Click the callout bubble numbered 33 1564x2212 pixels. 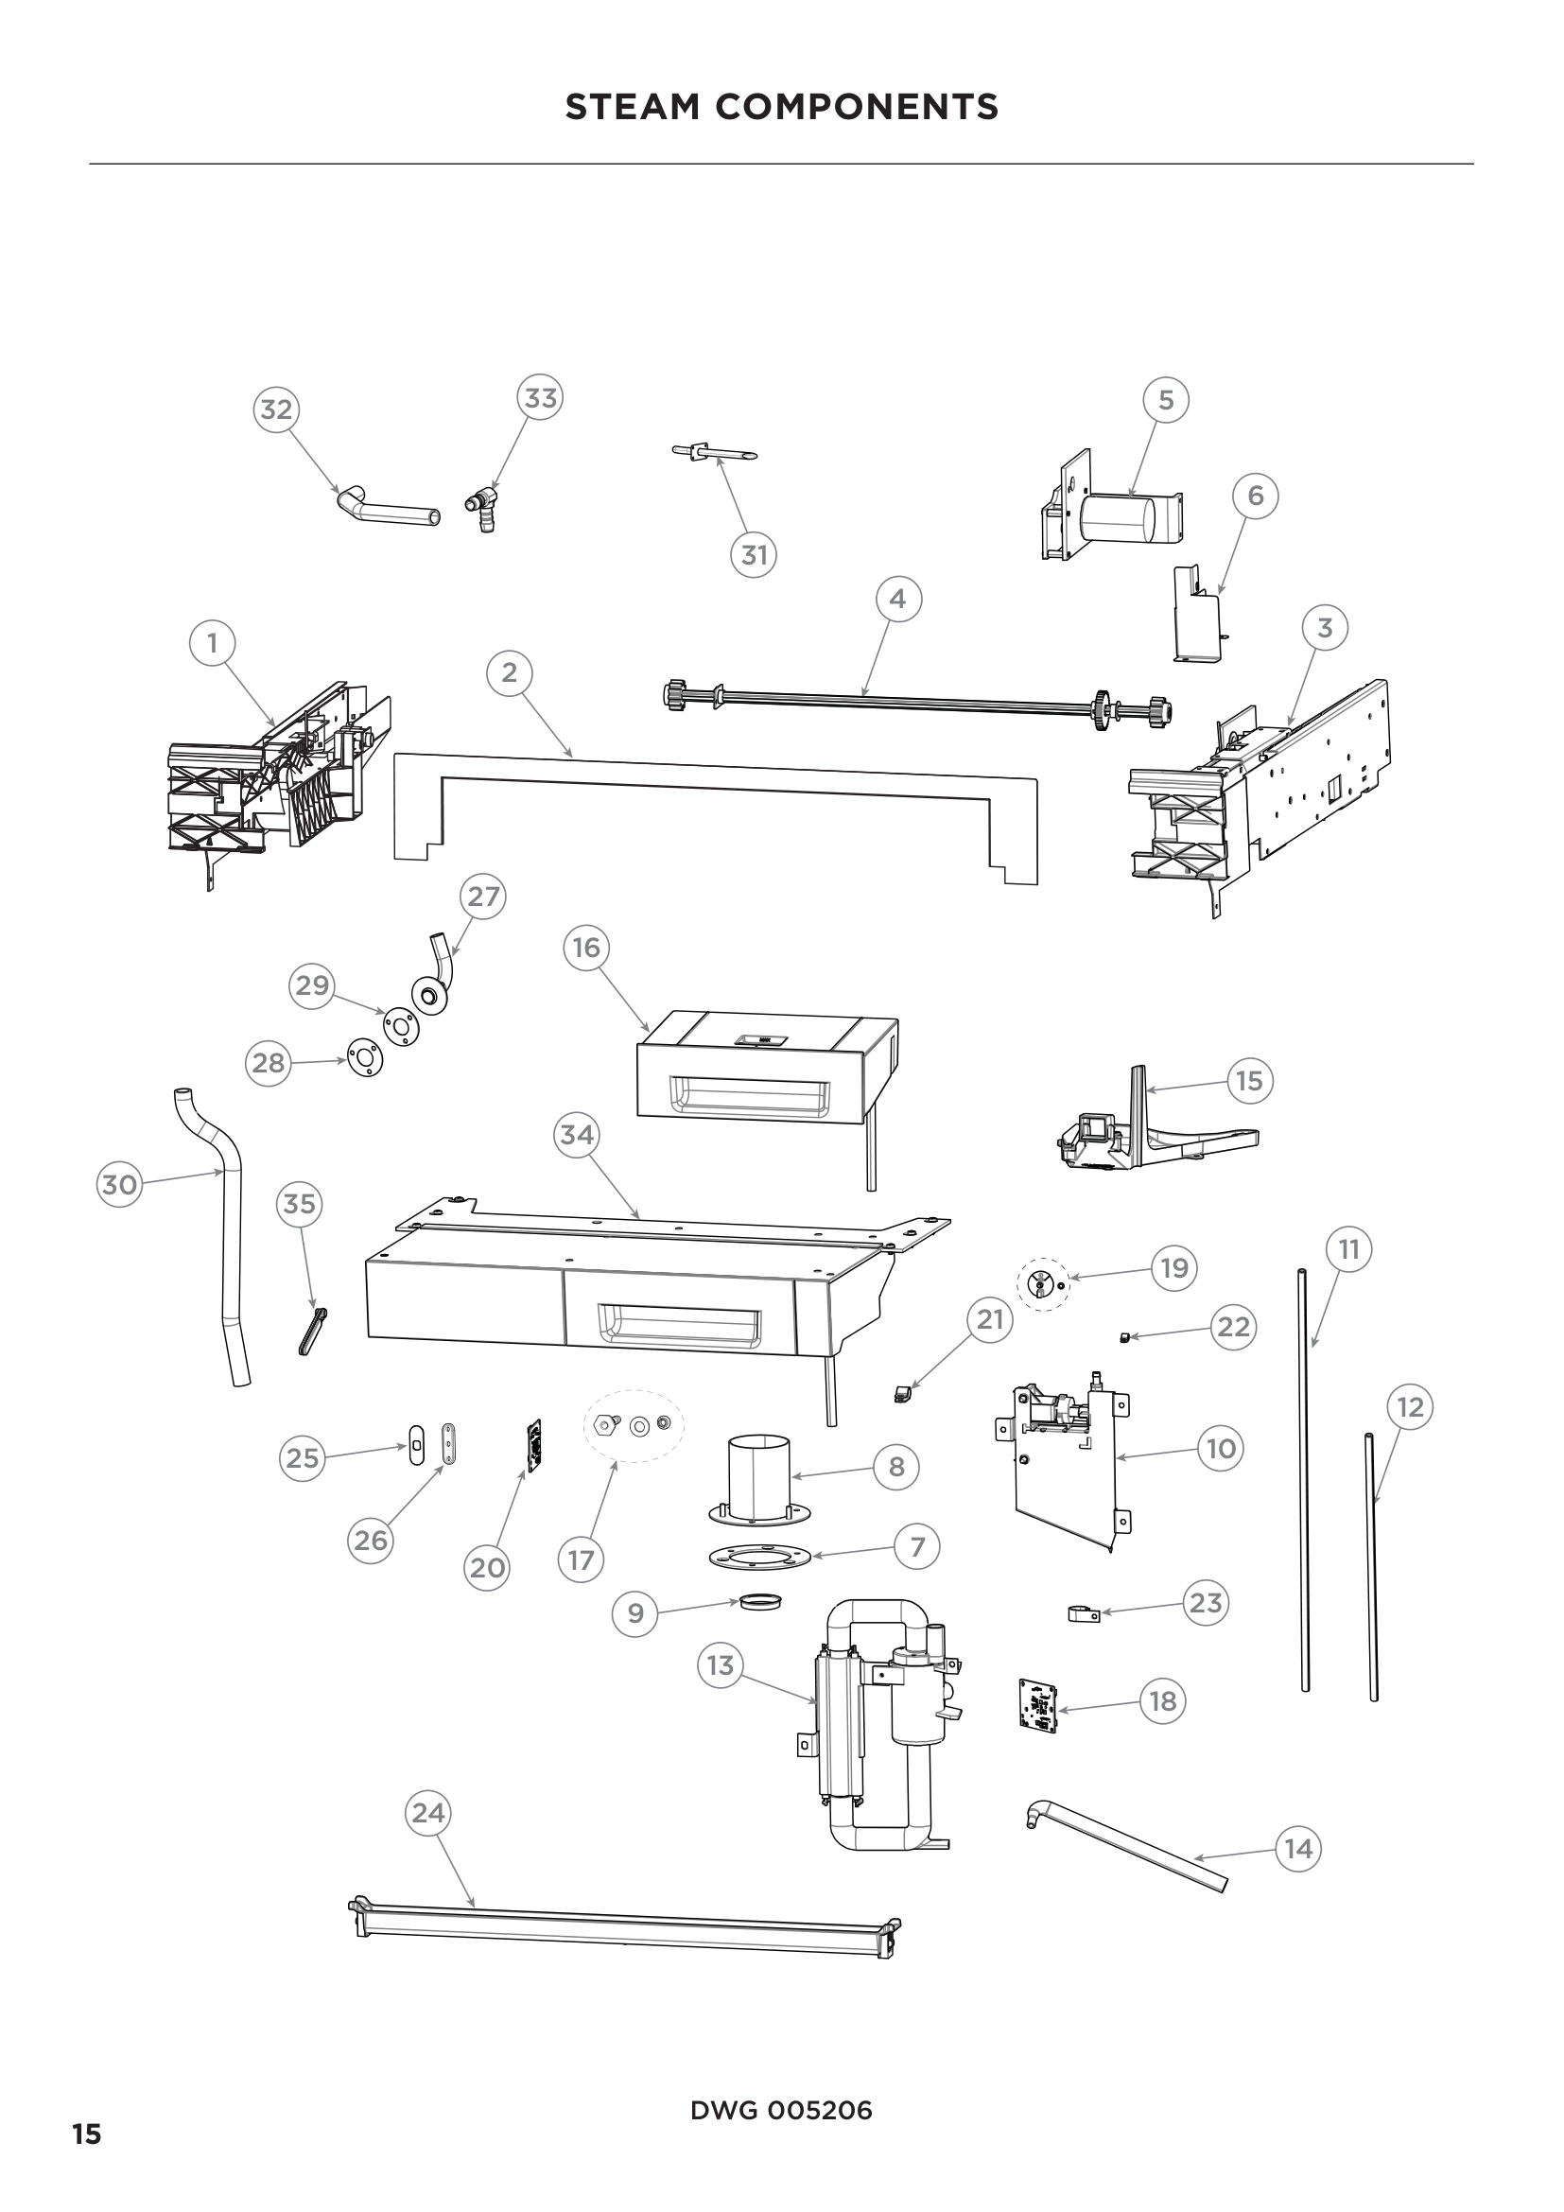tap(540, 398)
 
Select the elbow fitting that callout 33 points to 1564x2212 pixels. tap(482, 507)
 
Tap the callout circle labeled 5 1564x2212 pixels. tap(1165, 400)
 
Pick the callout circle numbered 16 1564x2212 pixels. tap(586, 948)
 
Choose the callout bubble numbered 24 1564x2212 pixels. tap(427, 1813)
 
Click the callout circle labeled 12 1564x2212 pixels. tap(1410, 1407)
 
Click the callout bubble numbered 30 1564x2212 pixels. tap(119, 1184)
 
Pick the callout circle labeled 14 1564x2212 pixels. tap(1298, 1849)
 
